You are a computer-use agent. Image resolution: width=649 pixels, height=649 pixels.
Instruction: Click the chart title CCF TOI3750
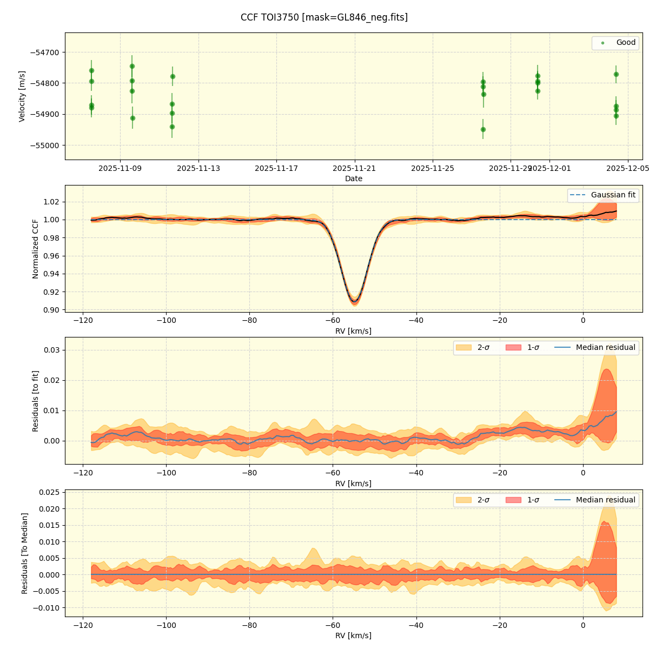point(324,17)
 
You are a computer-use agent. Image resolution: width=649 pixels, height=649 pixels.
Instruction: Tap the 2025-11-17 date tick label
point(276,168)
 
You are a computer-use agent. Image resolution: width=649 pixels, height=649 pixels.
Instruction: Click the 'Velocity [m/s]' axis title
point(22,96)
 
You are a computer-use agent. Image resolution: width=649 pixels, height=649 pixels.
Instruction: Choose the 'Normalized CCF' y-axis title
point(36,249)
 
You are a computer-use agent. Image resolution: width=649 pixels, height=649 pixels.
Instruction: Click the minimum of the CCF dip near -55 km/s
point(354,301)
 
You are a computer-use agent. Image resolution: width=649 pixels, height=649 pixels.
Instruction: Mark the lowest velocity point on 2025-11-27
point(483,129)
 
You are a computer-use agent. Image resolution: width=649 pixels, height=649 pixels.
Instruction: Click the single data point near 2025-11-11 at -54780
point(173,76)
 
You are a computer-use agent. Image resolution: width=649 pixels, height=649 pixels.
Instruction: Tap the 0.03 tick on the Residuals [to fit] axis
point(52,350)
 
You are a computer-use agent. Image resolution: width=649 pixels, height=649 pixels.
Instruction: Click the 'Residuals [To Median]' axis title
point(25,553)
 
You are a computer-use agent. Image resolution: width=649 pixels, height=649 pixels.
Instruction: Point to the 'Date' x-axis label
point(354,179)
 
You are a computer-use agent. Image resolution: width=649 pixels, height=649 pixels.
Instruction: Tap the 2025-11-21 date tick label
point(355,168)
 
